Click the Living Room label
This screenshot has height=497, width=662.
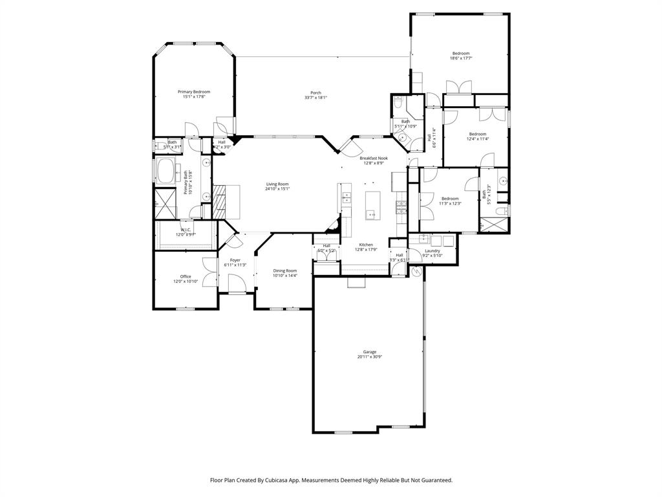(x=277, y=184)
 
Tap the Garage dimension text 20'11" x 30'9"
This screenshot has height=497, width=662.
(x=369, y=357)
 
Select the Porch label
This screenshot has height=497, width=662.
(x=315, y=93)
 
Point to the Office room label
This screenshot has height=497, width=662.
(x=186, y=276)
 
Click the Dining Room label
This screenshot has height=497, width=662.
(x=284, y=271)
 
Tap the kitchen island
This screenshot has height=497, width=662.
(x=372, y=206)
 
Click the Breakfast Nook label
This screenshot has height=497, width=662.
(x=374, y=158)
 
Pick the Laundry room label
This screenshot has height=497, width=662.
(x=432, y=250)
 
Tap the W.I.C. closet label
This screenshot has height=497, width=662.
(x=186, y=229)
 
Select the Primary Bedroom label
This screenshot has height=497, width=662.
(x=194, y=92)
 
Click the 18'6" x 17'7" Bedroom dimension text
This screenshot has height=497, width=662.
(x=460, y=58)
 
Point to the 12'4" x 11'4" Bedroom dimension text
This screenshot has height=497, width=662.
(x=478, y=138)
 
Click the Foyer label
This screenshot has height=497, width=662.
(x=235, y=260)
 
